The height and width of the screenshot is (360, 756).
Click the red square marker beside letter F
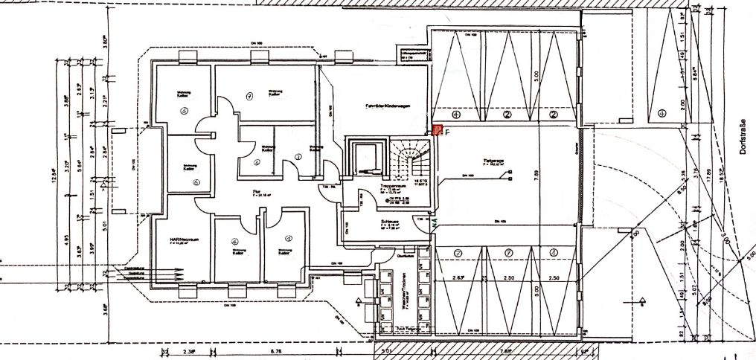coord(438,130)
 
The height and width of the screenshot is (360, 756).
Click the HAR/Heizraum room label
coord(182,240)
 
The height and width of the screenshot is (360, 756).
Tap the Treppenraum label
coord(391,186)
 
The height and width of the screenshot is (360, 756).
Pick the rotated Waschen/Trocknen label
coord(399,290)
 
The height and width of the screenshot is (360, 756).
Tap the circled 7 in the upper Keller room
coord(250,95)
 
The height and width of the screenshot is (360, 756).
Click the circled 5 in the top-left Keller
coord(182,109)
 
